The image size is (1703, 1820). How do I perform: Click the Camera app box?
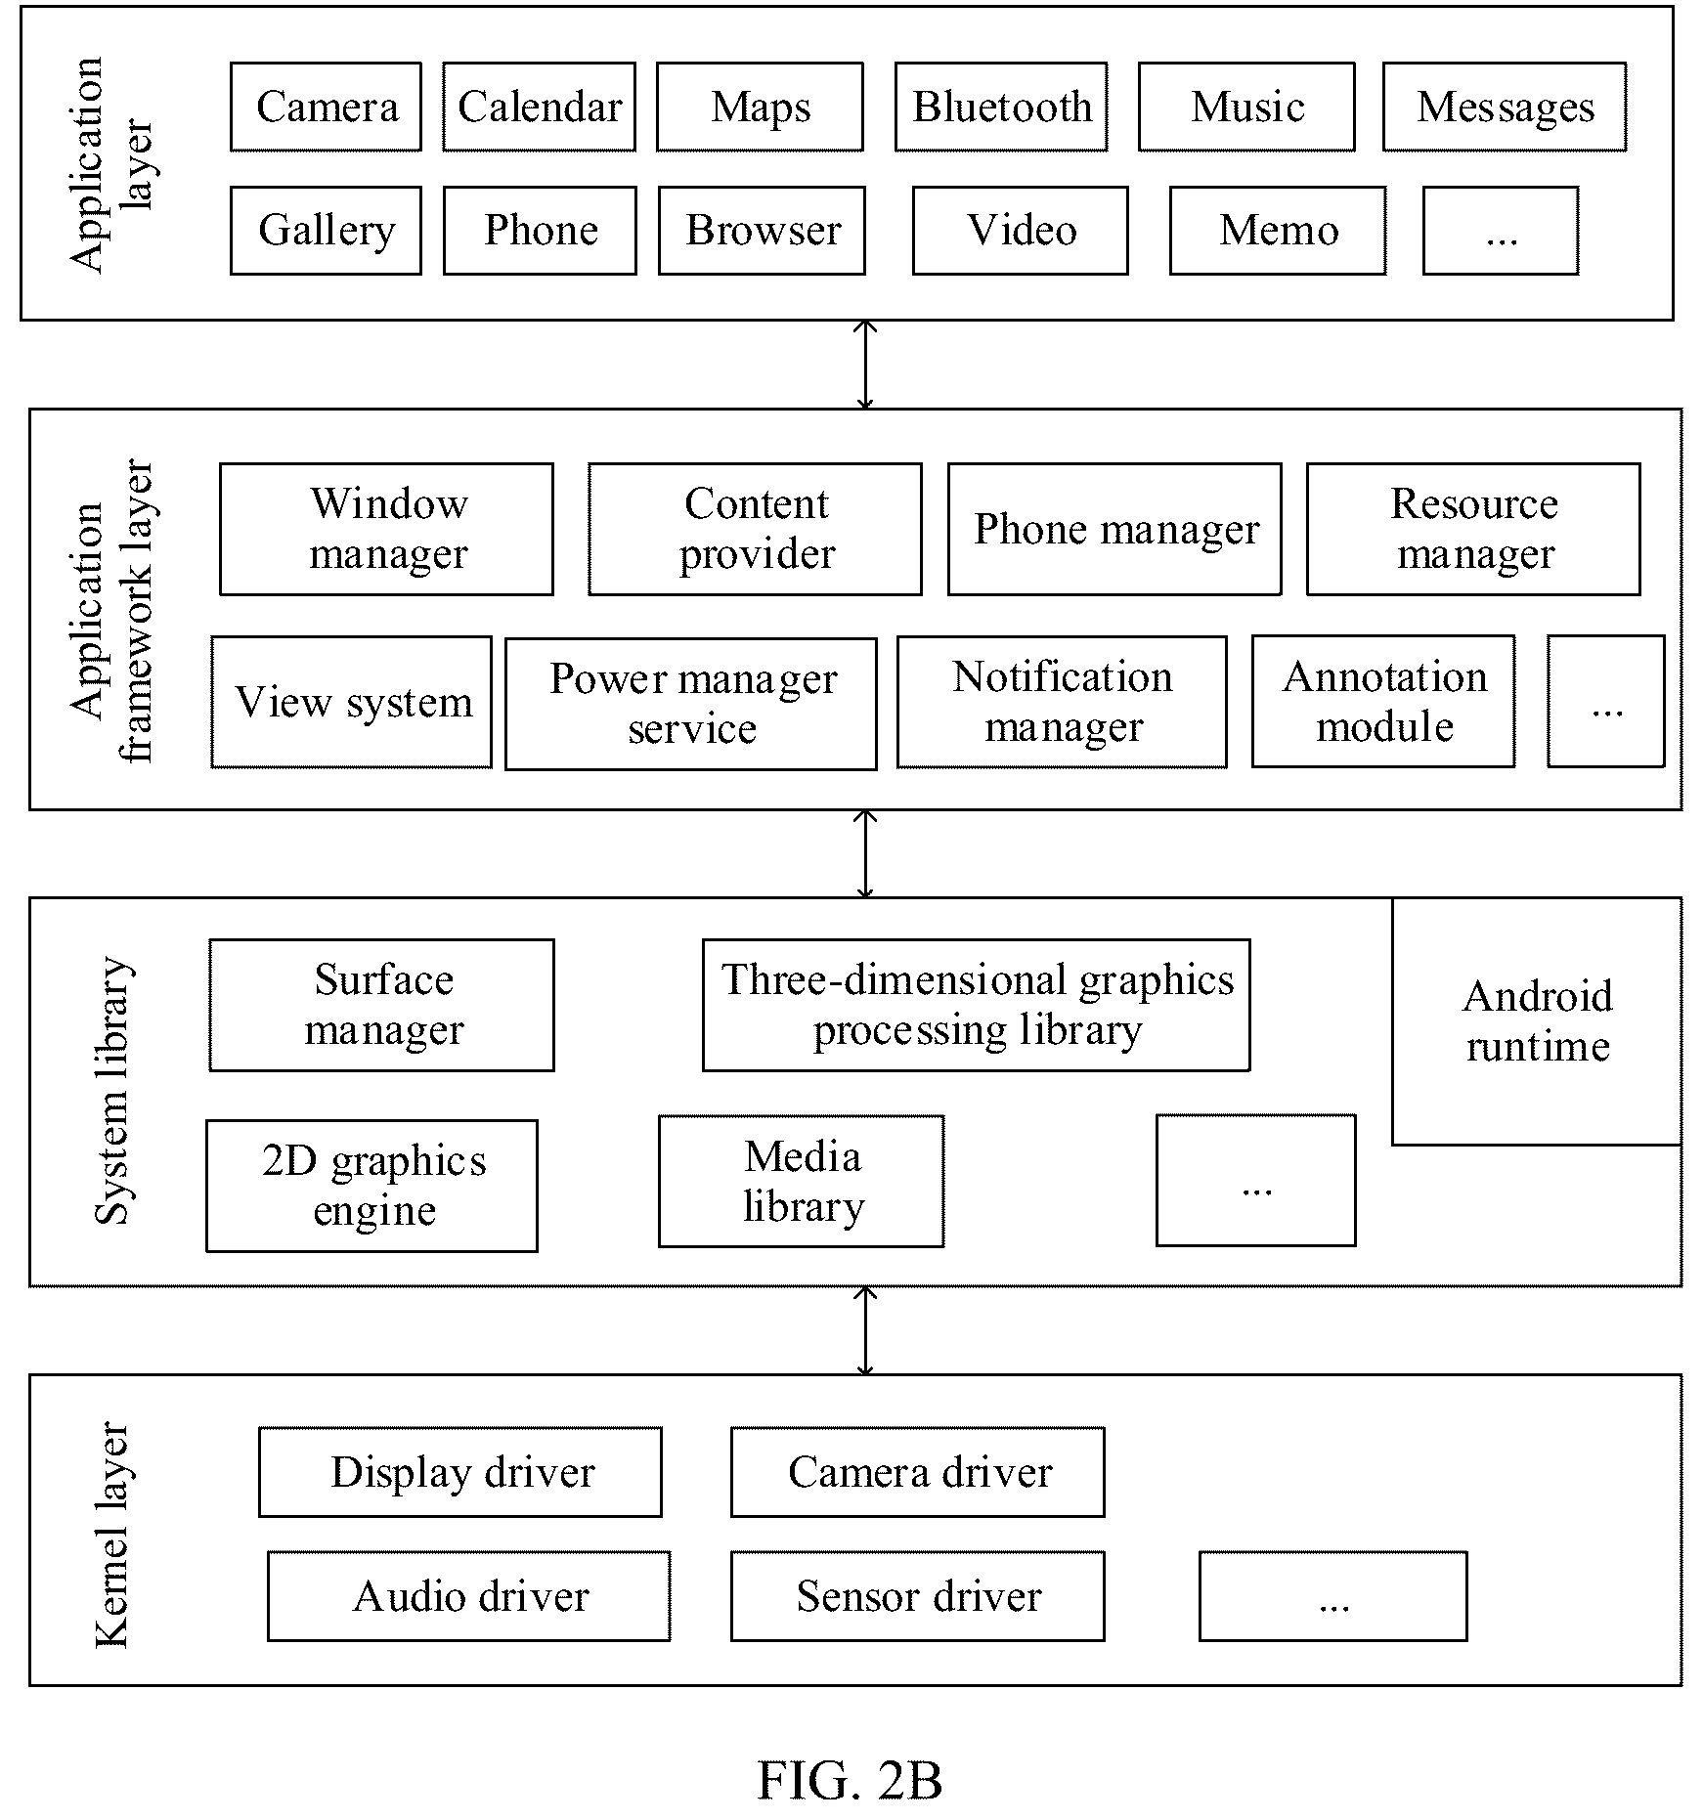(x=326, y=107)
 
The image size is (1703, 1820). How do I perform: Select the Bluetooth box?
(x=1001, y=107)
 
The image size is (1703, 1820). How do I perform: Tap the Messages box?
(x=1505, y=107)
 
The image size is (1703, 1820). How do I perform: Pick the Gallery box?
(x=326, y=231)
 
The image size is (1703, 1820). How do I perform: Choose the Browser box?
(x=762, y=231)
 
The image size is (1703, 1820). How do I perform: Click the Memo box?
(x=1278, y=231)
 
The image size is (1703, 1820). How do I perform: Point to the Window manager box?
(x=386, y=529)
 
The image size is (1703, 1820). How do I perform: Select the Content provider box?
(x=755, y=529)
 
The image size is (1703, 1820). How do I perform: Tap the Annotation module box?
(x=1383, y=701)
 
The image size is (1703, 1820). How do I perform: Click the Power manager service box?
(x=691, y=704)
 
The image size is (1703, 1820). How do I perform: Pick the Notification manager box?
(x=1062, y=702)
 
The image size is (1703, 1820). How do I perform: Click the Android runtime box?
(x=1537, y=1021)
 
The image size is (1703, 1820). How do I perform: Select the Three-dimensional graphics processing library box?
(x=976, y=1005)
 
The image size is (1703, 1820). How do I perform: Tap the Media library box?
(x=802, y=1181)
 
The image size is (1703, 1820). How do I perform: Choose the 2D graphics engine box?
(x=371, y=1186)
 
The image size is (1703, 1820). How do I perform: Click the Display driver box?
(x=460, y=1472)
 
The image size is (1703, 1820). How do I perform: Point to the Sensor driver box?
(x=918, y=1596)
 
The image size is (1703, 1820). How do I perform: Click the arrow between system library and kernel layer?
(x=865, y=1330)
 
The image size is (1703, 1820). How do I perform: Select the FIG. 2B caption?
(x=850, y=1780)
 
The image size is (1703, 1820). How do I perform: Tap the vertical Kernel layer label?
(x=111, y=1534)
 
